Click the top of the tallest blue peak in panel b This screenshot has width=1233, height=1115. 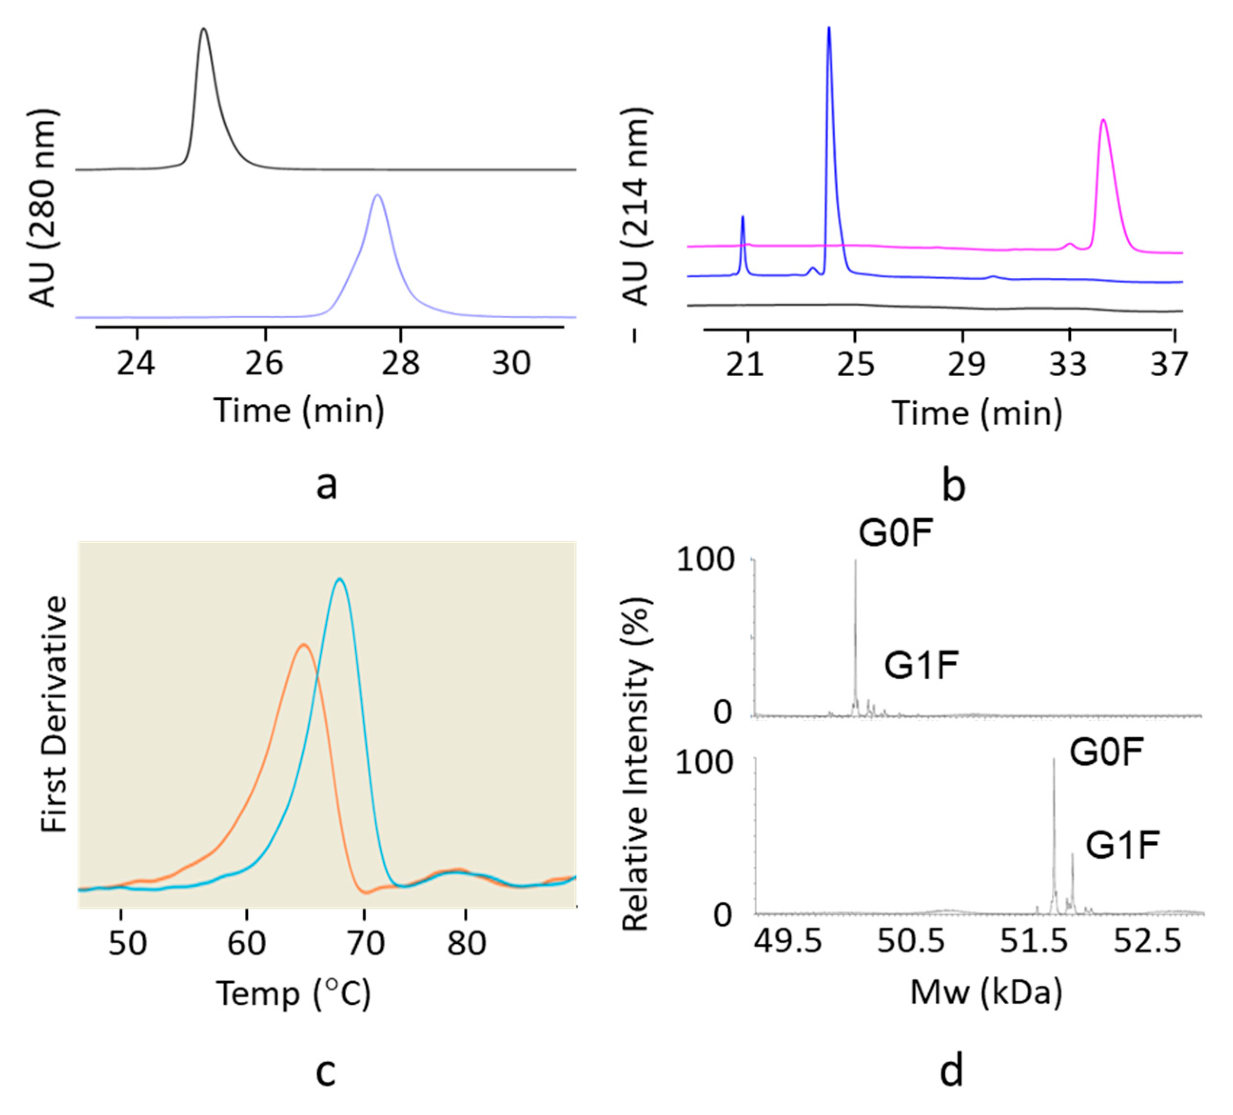click(x=829, y=28)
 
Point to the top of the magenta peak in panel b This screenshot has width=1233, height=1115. click(x=1103, y=120)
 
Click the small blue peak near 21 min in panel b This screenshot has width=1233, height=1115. click(x=743, y=217)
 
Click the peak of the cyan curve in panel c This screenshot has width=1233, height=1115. click(x=340, y=579)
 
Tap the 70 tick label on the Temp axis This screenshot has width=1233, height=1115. click(x=365, y=943)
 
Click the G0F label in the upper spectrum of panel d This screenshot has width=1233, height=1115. click(x=895, y=533)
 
